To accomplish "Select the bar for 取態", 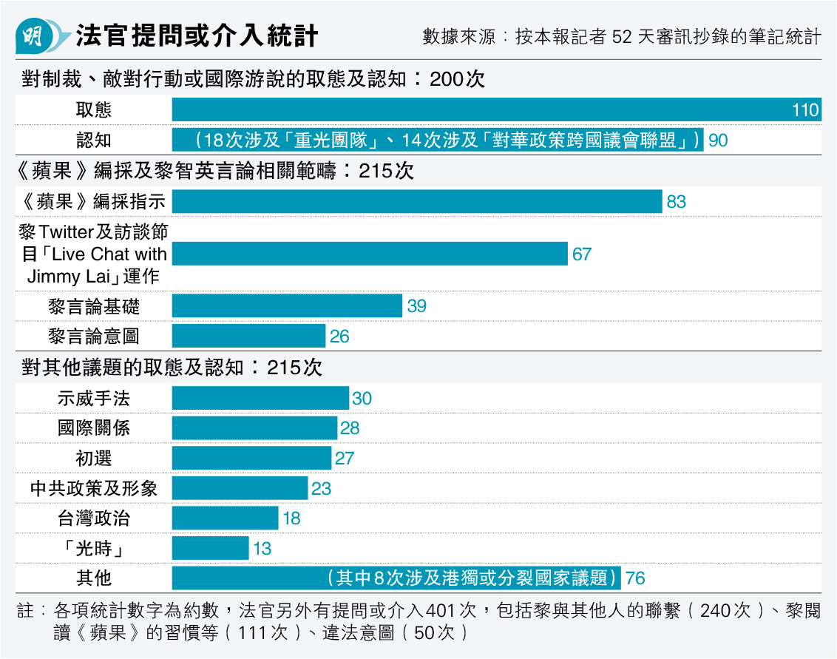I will (496, 110).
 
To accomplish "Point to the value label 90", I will (718, 141).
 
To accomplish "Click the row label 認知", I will (94, 140).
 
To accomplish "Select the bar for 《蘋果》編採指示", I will (417, 201).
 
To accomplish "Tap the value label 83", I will (676, 202).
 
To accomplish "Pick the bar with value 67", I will (370, 254).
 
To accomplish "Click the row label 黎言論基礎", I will (94, 306).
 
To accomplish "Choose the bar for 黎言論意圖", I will (248, 336).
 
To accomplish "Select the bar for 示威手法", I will (260, 398).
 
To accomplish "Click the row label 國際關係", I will (94, 427).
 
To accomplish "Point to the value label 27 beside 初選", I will (345, 459).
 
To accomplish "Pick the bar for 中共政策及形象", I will (240, 488).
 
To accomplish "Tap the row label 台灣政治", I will (94, 518).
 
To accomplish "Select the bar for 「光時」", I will (210, 548).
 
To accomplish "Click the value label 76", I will (635, 578).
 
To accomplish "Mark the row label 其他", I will (94, 578).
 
